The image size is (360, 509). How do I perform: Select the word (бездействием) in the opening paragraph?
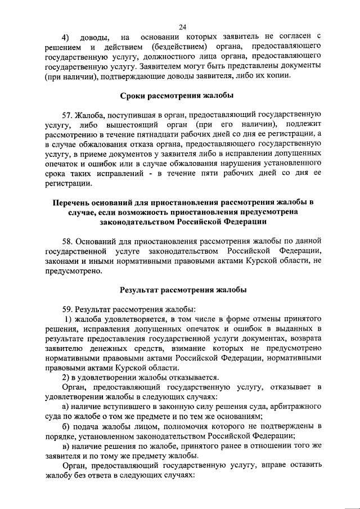[x=178, y=47]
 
